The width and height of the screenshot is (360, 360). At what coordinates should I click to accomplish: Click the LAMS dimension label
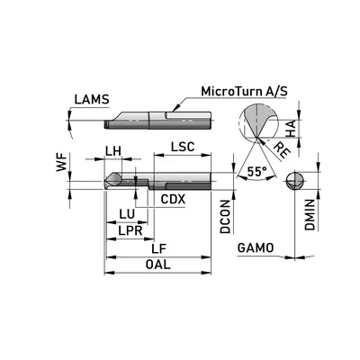pyautogui.click(x=92, y=100)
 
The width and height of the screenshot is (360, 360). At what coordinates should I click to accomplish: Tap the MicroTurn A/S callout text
pyautogui.click(x=244, y=91)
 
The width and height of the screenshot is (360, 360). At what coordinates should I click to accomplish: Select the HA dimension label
pyautogui.click(x=291, y=129)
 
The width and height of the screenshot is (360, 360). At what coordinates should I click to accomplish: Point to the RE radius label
pyautogui.click(x=283, y=150)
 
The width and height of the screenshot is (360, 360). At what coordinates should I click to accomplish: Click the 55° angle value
pyautogui.click(x=256, y=172)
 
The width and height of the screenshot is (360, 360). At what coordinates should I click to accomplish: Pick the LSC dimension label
pyautogui.click(x=183, y=147)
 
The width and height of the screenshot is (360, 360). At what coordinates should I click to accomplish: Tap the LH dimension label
pyautogui.click(x=113, y=151)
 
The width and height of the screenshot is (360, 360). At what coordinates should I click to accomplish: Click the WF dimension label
pyautogui.click(x=62, y=163)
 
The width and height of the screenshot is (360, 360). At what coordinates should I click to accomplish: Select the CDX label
pyautogui.click(x=173, y=199)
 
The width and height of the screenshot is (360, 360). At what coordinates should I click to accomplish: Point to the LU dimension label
pyautogui.click(x=127, y=214)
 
